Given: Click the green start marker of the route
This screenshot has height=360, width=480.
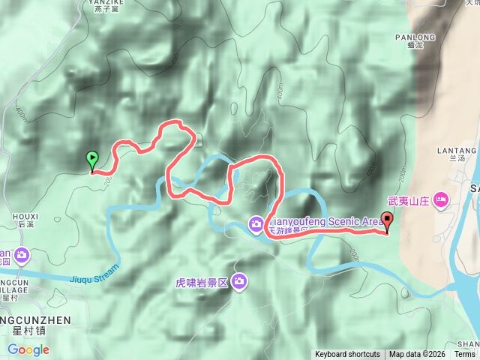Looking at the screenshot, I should tap(92, 160).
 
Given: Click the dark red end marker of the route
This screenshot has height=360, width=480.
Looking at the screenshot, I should tap(387, 221).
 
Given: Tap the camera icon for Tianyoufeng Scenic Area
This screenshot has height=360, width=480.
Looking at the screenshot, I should tap(256, 223).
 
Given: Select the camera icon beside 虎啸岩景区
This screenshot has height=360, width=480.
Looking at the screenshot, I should tap(239, 281).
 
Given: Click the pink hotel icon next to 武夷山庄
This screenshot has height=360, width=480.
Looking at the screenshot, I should tap(440, 200).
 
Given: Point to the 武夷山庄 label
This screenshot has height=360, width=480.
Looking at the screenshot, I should tap(408, 201).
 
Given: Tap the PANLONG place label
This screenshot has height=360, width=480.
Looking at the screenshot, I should tap(415, 37).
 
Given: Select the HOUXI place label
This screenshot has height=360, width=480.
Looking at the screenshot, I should tap(25, 216).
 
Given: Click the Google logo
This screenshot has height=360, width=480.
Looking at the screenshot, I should tap(28, 349).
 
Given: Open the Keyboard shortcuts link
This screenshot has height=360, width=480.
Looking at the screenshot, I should tap(347, 354).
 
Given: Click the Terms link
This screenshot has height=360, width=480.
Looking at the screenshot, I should tap(464, 354).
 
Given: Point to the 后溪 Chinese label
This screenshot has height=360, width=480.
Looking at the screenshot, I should tap(25, 225).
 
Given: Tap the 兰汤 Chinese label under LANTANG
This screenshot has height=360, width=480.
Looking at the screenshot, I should tap(452, 159).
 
